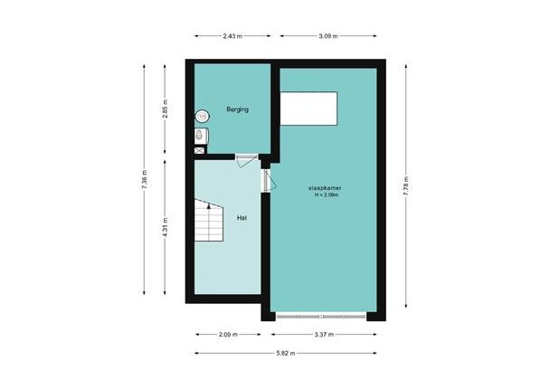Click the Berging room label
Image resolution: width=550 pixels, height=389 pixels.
click(x=238, y=109)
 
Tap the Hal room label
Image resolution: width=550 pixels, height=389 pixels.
click(x=242, y=218)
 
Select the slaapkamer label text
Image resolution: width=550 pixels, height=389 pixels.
click(x=325, y=187)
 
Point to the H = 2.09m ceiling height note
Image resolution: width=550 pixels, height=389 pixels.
click(x=327, y=194)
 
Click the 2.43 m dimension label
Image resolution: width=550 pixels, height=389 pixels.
click(x=232, y=36)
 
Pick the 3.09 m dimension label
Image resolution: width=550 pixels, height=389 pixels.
click(x=328, y=36)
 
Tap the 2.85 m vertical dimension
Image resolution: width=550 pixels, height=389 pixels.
click(x=165, y=109)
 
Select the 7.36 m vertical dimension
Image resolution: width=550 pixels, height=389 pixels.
click(x=144, y=180)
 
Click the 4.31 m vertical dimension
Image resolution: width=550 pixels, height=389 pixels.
click(x=165, y=227)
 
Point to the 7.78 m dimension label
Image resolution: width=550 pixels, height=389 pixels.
click(x=406, y=186)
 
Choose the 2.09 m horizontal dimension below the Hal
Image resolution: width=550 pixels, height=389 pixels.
click(x=228, y=335)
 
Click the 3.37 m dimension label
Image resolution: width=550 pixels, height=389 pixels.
click(x=324, y=335)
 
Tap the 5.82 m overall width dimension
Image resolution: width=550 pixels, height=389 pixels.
click(x=286, y=353)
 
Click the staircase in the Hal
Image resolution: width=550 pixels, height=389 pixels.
click(x=209, y=220)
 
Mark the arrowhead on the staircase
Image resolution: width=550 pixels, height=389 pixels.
click(x=209, y=206)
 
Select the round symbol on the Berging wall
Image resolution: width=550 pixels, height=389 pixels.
click(x=202, y=116)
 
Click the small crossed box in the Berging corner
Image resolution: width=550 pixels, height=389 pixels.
click(x=199, y=151)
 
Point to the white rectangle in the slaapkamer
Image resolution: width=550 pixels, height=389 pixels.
click(x=308, y=109)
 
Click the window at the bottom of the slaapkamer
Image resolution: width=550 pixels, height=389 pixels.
click(x=321, y=317)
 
